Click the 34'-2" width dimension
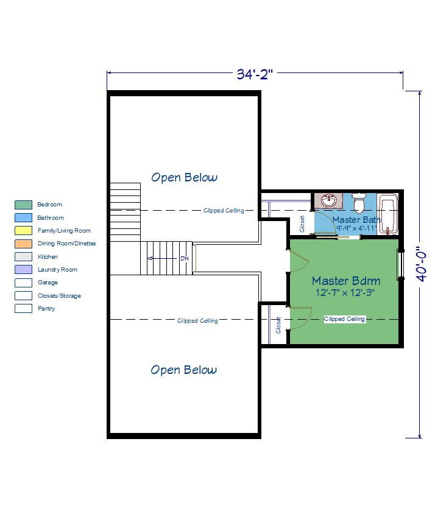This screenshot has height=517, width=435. (x=255, y=74)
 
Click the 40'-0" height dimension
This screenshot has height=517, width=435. (x=421, y=265)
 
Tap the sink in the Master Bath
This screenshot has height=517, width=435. (x=328, y=201)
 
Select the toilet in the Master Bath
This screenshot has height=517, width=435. (x=358, y=202)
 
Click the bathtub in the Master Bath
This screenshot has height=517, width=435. (x=387, y=214)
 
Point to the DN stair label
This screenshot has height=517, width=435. (x=185, y=258)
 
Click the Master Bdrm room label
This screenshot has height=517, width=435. (x=346, y=281)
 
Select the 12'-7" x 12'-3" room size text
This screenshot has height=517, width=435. (x=345, y=293)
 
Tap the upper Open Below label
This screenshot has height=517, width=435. (x=185, y=177)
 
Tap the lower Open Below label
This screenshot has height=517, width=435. (x=184, y=370)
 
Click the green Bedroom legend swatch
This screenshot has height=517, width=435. (x=23, y=205)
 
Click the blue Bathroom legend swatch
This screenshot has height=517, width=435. (x=23, y=217)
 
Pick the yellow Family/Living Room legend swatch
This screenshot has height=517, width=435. (x=23, y=230)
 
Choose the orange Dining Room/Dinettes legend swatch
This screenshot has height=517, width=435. (x=23, y=244)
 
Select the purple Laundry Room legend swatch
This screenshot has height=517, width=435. (x=23, y=269)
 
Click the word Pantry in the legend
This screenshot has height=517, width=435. (x=46, y=309)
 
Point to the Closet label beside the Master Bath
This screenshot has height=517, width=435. (x=302, y=224)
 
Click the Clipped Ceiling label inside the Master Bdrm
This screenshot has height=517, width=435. (x=344, y=319)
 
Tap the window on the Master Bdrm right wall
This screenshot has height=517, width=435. (x=400, y=265)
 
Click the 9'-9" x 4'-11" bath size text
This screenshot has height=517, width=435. (x=356, y=228)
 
